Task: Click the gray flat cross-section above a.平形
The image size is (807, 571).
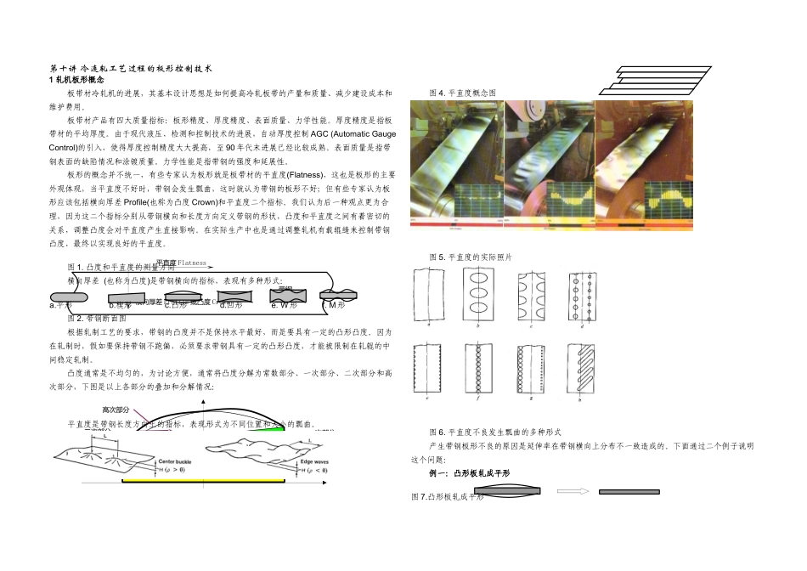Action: point(73,294)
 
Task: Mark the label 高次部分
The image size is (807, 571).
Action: point(116,410)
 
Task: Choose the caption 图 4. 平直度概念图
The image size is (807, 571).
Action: point(463,92)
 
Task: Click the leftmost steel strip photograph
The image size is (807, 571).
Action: point(457,162)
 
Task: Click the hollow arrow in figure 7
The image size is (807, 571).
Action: point(572,491)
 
